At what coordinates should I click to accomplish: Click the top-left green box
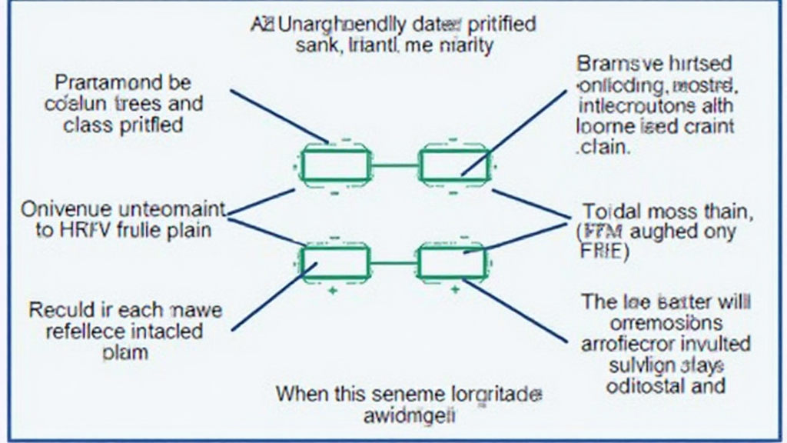point(334,163)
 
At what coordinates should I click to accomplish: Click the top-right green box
point(453,163)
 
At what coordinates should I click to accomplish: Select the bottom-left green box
point(334,261)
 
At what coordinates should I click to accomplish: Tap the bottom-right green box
point(453,261)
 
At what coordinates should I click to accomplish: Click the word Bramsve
point(612,64)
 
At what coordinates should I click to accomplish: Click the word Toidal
point(611,211)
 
